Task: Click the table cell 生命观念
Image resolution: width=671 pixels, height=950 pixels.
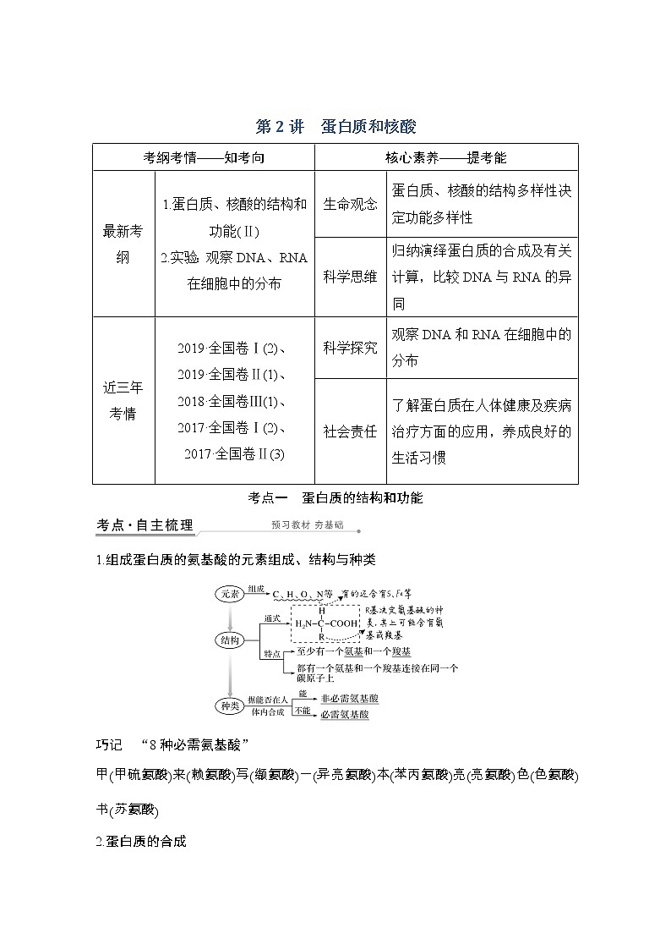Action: tap(350, 205)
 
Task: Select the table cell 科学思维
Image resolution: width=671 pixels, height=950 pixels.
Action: tap(350, 277)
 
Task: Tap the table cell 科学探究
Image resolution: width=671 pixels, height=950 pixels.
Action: tap(350, 348)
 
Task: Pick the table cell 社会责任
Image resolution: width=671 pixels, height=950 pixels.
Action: tap(350, 431)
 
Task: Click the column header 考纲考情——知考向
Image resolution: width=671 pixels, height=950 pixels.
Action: tap(204, 158)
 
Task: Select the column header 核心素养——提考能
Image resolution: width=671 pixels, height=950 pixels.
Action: tap(446, 158)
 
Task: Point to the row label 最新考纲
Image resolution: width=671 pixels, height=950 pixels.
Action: tap(123, 244)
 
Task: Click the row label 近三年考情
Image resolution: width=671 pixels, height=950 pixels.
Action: tap(123, 400)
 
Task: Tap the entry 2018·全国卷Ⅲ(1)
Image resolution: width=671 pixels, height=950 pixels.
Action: tap(234, 401)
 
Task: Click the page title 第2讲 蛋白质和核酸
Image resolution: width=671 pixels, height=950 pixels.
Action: tap(335, 127)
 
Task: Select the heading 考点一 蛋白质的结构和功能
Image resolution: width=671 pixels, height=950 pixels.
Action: tap(335, 498)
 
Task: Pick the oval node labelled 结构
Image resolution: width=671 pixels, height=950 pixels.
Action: tap(230, 640)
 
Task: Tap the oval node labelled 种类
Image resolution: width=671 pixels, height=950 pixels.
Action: tap(230, 705)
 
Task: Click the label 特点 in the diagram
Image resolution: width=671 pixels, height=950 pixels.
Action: tap(272, 654)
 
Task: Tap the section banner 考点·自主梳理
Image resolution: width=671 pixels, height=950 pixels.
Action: tap(145, 525)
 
